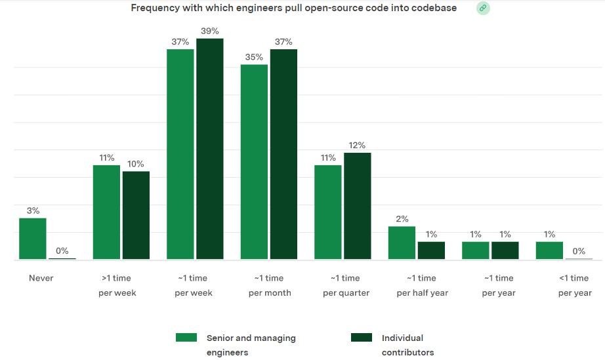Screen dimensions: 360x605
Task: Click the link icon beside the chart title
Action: tap(483, 8)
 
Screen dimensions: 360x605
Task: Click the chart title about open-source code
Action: tap(293, 8)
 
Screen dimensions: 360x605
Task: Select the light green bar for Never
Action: tap(33, 239)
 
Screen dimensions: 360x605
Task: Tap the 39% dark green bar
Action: tap(210, 149)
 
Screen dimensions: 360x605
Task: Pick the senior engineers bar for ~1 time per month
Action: tap(254, 162)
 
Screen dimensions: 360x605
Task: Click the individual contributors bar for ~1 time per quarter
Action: tap(358, 206)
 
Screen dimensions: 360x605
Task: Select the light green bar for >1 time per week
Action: tap(106, 212)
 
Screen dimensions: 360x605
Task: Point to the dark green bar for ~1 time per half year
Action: tap(431, 250)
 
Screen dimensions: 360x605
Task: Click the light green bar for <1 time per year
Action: tap(549, 250)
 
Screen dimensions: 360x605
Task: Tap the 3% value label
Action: tap(33, 210)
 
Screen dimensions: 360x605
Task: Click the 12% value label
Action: tap(358, 145)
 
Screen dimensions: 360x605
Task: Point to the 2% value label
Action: tap(402, 219)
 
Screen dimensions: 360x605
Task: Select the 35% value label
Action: tap(255, 57)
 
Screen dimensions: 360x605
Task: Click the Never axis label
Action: tap(41, 278)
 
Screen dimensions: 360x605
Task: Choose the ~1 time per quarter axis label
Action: tap(346, 285)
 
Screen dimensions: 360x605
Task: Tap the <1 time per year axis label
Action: tap(574, 285)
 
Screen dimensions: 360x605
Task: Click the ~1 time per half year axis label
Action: tap(422, 285)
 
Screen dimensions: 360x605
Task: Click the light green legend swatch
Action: tap(186, 338)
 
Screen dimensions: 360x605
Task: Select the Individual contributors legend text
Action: tap(407, 345)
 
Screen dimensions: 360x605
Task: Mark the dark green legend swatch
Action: tap(362, 338)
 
